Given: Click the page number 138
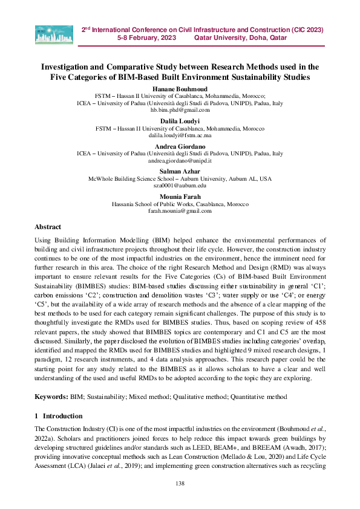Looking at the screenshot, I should click(180, 482).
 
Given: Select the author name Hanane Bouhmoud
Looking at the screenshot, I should click(180, 89).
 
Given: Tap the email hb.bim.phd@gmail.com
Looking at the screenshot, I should click(180, 111).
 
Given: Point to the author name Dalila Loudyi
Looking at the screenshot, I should click(180, 122).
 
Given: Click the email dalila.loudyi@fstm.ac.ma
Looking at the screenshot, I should click(180, 136).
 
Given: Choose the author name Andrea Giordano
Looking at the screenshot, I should click(180, 147).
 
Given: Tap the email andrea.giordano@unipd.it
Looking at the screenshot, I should click(180, 161).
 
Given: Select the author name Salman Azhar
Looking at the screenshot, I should click(180, 172).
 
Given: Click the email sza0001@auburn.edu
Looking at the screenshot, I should click(180, 187).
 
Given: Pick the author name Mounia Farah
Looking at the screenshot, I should click(180, 198).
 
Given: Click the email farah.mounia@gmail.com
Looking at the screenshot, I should click(180, 212).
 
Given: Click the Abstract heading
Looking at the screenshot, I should click(48, 227).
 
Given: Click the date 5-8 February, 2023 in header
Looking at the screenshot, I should click(146, 37).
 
